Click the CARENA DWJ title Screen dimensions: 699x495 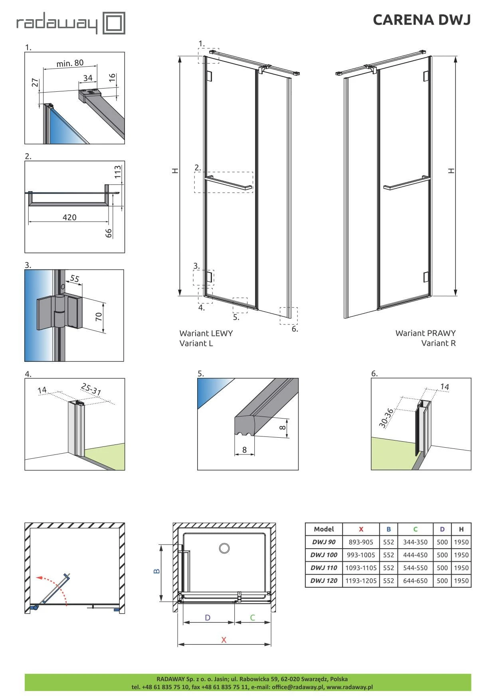422,20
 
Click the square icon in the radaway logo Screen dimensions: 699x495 114,23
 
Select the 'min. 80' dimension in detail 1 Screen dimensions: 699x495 70,63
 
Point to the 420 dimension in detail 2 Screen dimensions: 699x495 69,217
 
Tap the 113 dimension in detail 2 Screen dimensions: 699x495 117,172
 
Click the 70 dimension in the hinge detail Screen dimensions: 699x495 99,317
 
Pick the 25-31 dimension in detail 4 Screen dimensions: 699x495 91,389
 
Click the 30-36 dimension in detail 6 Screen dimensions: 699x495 386,418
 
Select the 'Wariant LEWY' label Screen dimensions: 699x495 206,333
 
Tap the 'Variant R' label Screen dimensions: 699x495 438,343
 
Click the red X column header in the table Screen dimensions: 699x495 361,529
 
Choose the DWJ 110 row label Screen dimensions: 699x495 324,568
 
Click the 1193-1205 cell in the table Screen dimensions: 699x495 361,581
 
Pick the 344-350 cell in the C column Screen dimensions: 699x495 415,542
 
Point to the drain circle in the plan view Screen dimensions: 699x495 224,548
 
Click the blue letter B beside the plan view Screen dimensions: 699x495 156,571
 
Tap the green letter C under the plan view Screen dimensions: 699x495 252,618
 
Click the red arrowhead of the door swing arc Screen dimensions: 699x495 38,577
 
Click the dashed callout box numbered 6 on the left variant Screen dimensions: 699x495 289,316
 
